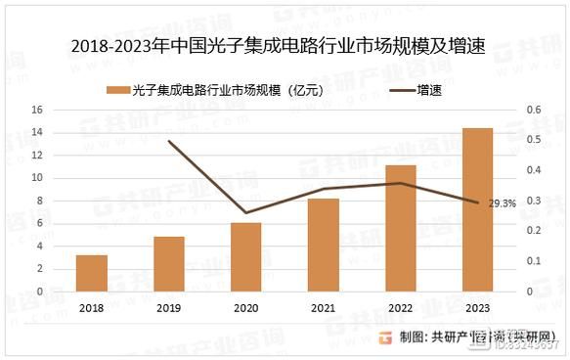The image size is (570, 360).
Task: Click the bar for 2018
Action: coord(92,273)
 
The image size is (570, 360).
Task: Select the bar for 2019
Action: coord(169,264)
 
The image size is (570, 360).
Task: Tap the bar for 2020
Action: coord(246,257)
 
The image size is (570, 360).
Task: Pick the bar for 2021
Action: coord(324,246)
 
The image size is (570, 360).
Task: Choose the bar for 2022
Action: coord(401,228)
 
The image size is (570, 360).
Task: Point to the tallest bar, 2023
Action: coord(477,209)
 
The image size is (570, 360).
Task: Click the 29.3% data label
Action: coord(502,203)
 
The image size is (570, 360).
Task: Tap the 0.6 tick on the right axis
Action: coord(533,110)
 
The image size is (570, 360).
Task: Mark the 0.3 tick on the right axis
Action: coord(533,201)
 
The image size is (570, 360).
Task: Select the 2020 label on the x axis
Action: coord(246,307)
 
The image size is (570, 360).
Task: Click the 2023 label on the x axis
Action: coord(477,307)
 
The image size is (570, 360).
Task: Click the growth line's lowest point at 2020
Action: coord(246,212)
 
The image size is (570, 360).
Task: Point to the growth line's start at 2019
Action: coord(169,142)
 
